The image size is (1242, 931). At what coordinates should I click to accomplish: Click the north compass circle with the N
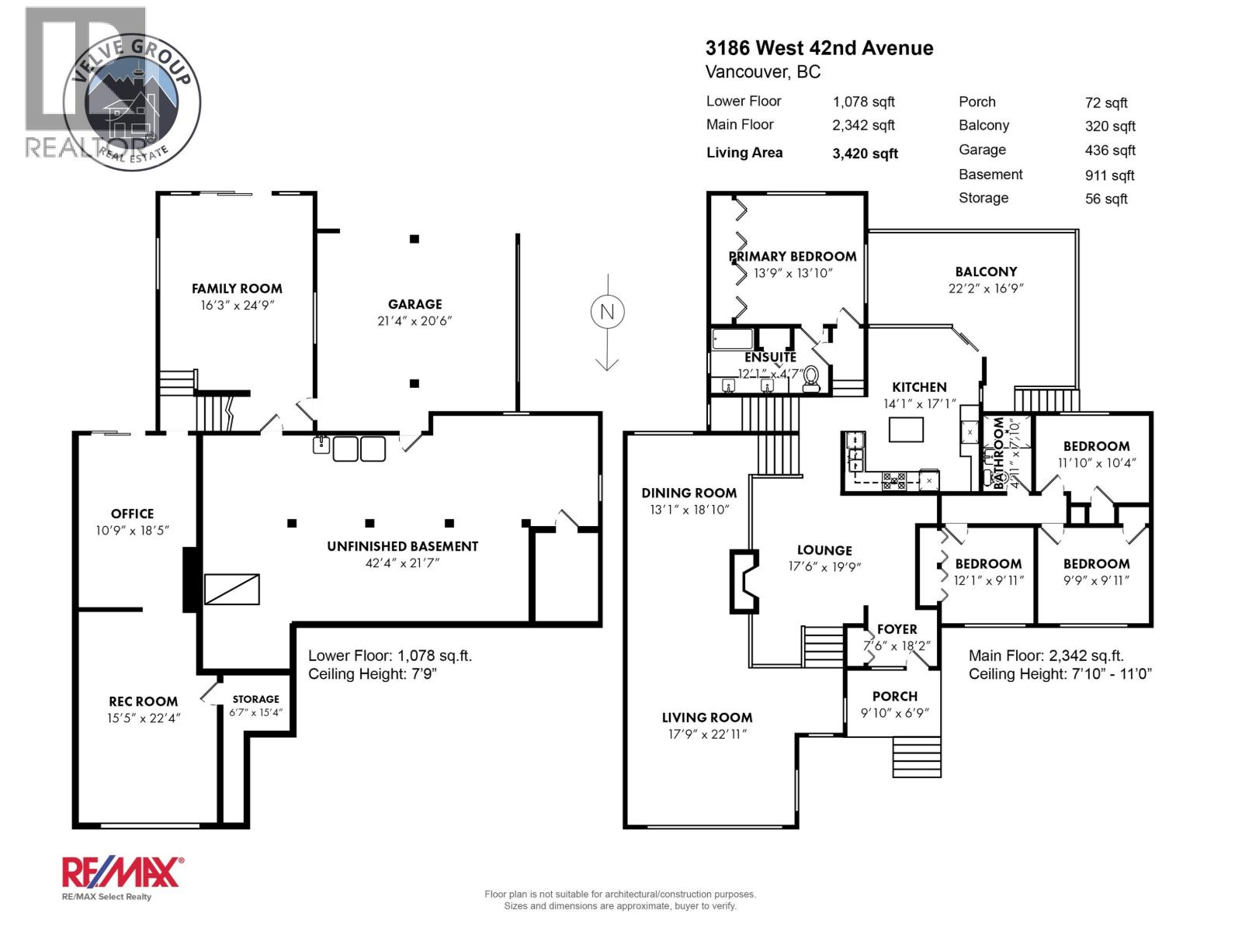point(607,312)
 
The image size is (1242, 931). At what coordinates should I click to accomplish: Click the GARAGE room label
point(415,304)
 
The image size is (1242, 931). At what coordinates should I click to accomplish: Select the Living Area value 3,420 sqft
point(865,154)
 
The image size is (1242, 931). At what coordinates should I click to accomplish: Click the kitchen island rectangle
point(906,429)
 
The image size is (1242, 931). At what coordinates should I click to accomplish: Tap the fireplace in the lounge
point(742,582)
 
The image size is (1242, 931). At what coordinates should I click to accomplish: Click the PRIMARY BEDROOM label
point(792,256)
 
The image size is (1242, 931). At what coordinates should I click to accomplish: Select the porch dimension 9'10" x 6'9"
point(894,713)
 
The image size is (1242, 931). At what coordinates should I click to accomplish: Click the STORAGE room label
point(255,699)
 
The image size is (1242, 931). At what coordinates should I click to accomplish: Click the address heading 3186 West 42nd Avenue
point(819,48)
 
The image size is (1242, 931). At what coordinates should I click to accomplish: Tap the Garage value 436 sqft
point(1109,151)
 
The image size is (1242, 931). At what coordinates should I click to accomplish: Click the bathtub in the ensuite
point(732,339)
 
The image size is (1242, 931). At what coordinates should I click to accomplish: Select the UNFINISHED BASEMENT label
point(402,546)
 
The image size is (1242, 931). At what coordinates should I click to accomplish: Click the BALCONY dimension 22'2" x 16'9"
point(986,288)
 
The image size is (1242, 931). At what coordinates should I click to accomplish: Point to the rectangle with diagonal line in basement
point(231,590)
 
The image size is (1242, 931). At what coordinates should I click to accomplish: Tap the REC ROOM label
point(143,701)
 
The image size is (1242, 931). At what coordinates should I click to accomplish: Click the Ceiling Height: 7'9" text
point(372,674)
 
